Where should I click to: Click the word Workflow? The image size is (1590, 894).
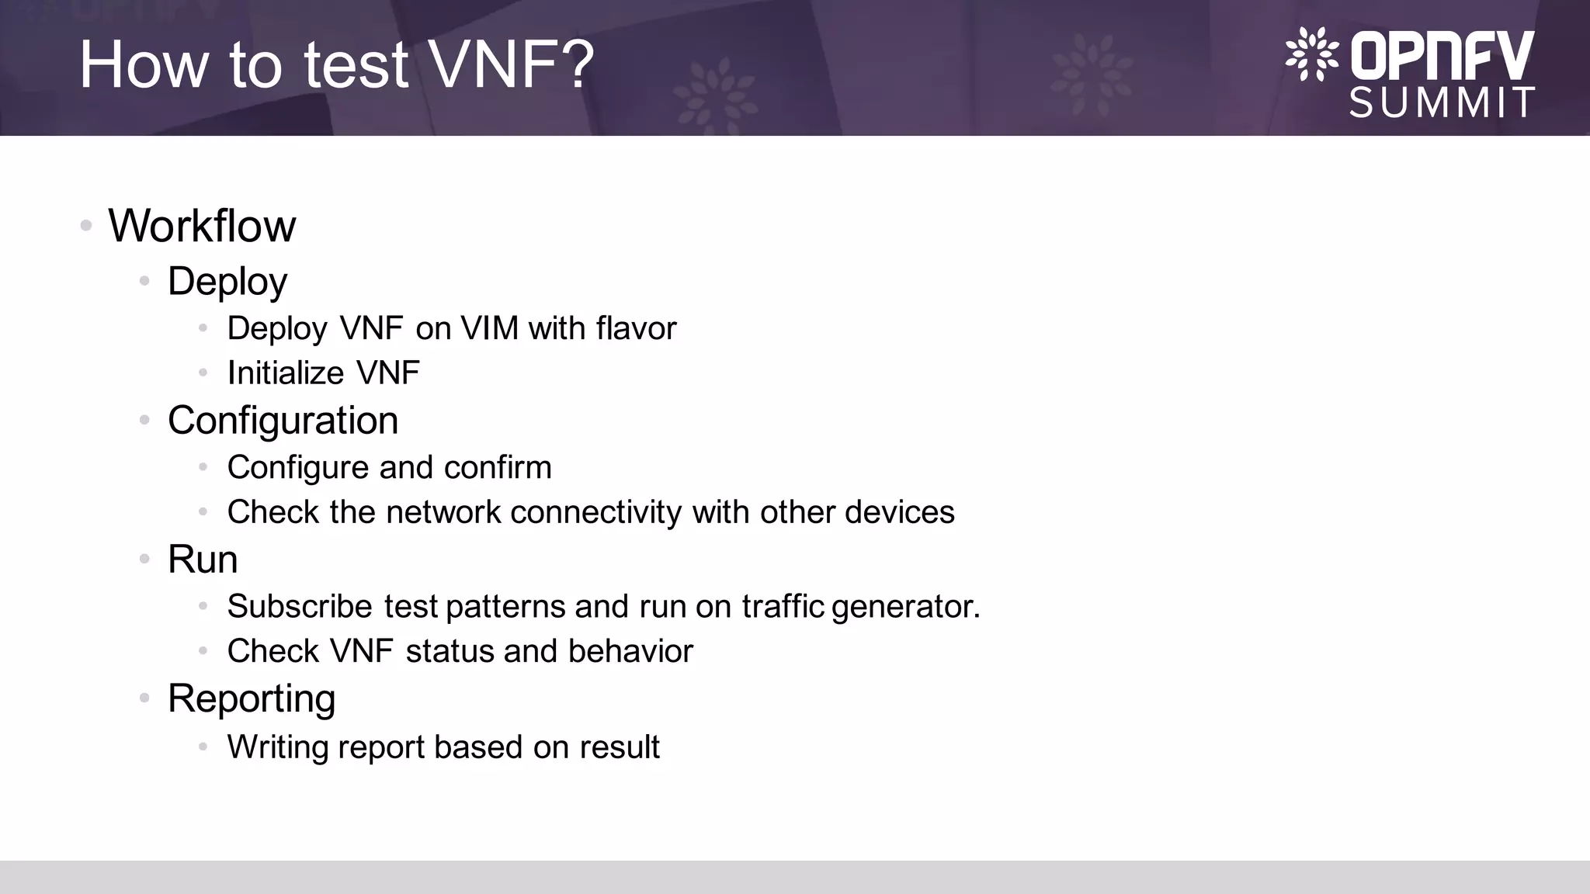202,226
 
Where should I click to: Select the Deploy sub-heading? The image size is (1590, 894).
227,281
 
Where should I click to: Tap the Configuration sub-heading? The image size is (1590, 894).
283,421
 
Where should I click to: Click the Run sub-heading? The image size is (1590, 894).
203,560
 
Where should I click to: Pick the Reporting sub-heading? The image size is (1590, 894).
252,698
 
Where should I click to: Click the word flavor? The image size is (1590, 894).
636,328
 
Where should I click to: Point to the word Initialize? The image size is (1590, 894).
285,373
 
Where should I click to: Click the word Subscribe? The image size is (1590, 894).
300,606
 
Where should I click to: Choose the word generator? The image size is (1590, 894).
905,607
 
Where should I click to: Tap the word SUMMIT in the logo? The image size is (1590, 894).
1442,102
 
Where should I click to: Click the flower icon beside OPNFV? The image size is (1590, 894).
1311,54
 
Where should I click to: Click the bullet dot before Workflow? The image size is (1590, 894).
86,226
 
